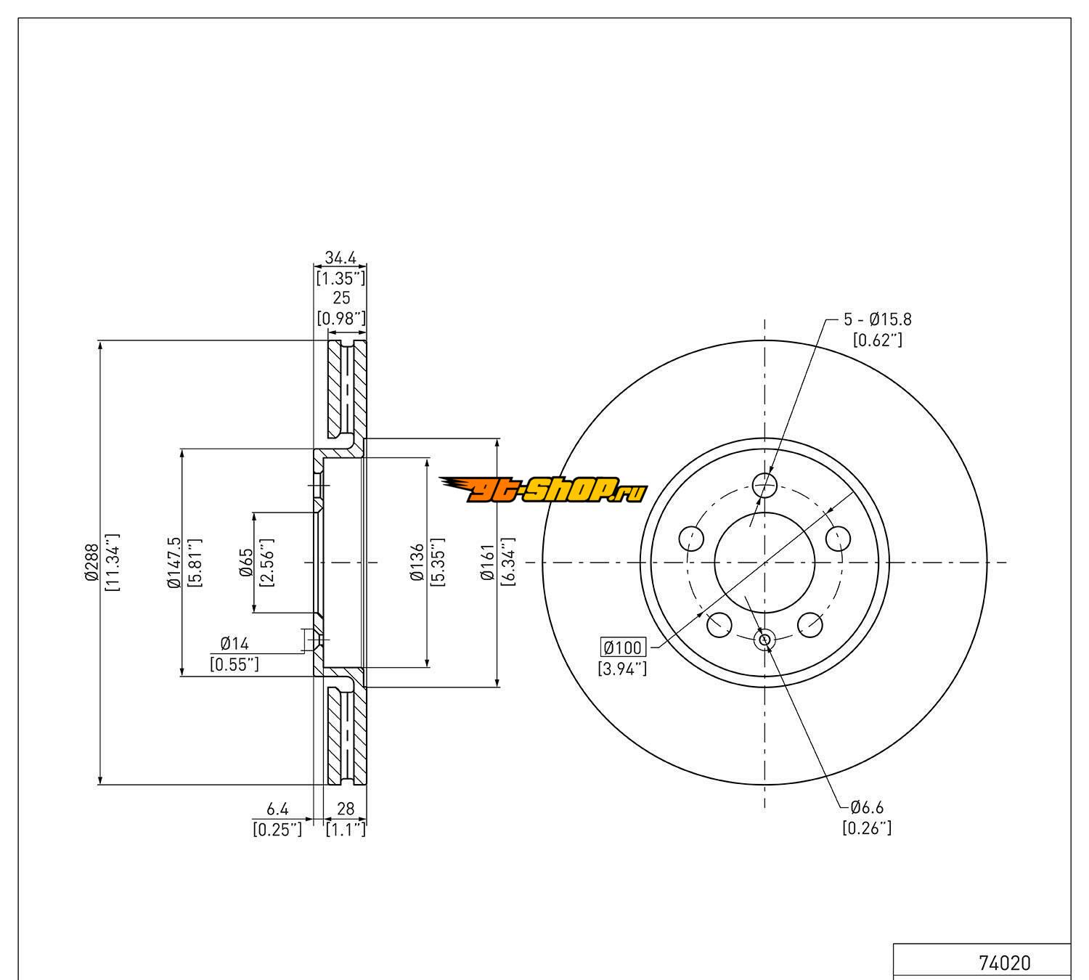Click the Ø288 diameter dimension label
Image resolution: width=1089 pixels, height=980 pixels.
click(x=91, y=563)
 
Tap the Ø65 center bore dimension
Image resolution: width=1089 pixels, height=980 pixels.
click(x=246, y=563)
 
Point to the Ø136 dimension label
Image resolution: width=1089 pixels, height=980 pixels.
click(x=417, y=563)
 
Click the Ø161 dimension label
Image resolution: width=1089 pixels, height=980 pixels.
click(x=487, y=563)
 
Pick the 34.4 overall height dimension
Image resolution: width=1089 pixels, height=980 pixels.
click(x=340, y=258)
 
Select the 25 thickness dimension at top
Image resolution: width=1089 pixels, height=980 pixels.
click(x=340, y=298)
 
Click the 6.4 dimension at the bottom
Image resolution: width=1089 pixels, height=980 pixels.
click(x=277, y=808)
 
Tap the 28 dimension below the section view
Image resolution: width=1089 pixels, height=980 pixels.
click(x=345, y=808)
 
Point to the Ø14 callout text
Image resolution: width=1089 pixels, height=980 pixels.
click(x=234, y=643)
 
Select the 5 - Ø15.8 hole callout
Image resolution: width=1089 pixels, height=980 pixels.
click(x=877, y=319)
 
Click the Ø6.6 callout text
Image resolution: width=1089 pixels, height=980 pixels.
click(x=867, y=807)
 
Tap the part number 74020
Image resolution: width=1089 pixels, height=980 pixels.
click(x=1004, y=963)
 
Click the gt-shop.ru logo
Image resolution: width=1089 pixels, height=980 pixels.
click(x=543, y=491)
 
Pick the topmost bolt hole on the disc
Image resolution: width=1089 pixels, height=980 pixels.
click(x=764, y=483)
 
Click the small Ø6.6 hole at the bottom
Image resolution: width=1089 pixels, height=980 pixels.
click(x=764, y=640)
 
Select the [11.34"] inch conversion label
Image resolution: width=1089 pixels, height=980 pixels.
click(x=112, y=563)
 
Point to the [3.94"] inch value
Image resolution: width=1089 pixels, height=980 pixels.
click(x=622, y=669)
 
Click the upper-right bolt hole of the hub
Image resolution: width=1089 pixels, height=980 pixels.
click(x=838, y=538)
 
